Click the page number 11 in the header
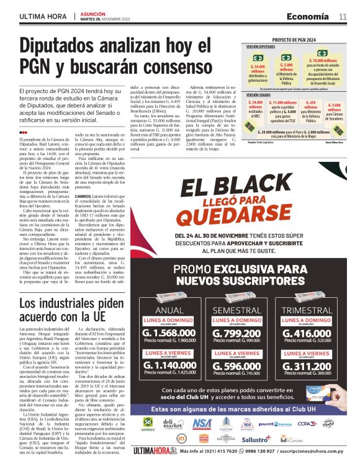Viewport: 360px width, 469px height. (x=343, y=17)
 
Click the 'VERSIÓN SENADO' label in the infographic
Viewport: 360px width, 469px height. (x=260, y=95)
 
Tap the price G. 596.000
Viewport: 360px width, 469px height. (x=237, y=366)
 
